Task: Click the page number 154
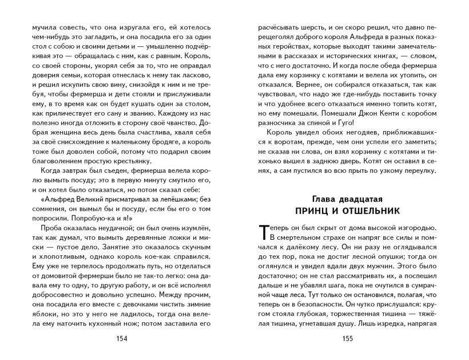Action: pyautogui.click(x=121, y=338)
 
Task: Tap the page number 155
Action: pyautogui.click(x=347, y=338)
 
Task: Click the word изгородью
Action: pyautogui.click(x=418, y=227)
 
